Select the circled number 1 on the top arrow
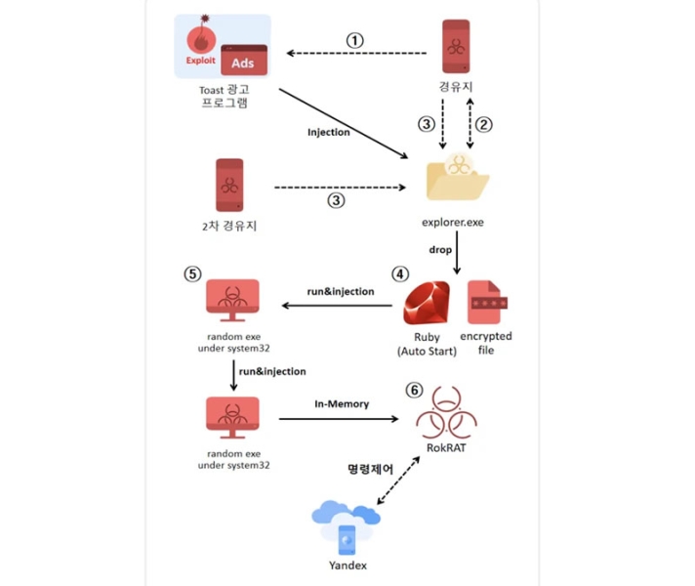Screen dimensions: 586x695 [x=355, y=40]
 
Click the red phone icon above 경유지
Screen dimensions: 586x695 [x=455, y=46]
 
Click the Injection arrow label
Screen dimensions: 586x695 [x=328, y=132]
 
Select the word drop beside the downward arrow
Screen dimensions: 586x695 [x=440, y=250]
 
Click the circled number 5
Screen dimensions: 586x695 [x=191, y=274]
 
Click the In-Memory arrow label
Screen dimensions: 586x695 [x=340, y=402]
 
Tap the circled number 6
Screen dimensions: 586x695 [x=414, y=390]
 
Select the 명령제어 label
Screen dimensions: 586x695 [x=371, y=469]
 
